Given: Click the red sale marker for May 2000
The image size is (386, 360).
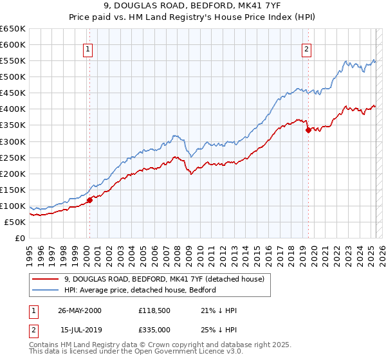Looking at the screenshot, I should (x=90, y=199).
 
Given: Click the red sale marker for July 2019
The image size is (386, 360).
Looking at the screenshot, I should (x=308, y=130).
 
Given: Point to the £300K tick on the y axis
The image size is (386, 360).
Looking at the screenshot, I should (x=13, y=141).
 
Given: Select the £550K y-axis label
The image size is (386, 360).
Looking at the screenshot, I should (x=13, y=61).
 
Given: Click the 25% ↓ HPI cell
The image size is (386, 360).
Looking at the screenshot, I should (x=219, y=330).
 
